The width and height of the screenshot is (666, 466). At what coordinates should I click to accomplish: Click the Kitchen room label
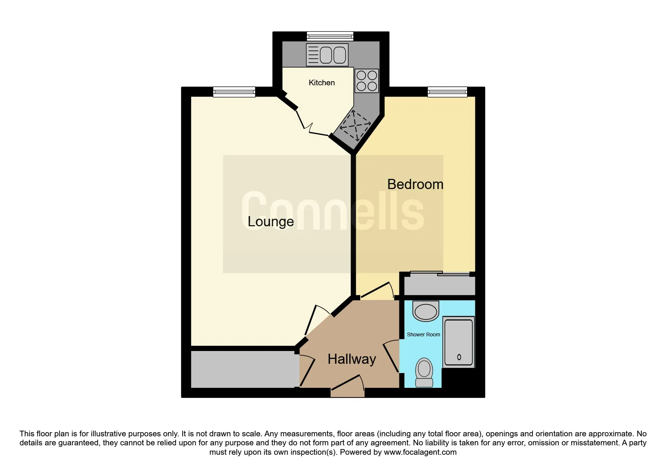pyautogui.click(x=322, y=83)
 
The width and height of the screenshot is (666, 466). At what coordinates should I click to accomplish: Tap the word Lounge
pyautogui.click(x=271, y=221)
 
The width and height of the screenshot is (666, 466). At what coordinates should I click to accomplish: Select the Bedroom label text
pyautogui.click(x=415, y=184)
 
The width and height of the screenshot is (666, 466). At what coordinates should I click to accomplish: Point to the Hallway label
pyautogui.click(x=352, y=359)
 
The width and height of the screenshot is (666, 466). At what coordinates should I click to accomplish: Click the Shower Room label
pyautogui.click(x=423, y=334)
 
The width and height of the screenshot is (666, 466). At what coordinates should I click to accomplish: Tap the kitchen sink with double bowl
pyautogui.click(x=327, y=55)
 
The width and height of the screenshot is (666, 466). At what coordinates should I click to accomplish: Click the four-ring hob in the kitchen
pyautogui.click(x=367, y=81)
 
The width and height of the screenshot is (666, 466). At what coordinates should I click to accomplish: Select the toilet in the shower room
pyautogui.click(x=424, y=372)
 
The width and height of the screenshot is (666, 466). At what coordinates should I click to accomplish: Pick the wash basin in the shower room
pyautogui.click(x=426, y=311)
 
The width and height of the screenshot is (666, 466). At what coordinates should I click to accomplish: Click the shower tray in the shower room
pyautogui.click(x=459, y=342)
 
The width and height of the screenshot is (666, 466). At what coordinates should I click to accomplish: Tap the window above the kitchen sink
pyautogui.click(x=330, y=36)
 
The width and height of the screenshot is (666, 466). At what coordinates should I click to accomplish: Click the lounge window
pyautogui.click(x=234, y=92)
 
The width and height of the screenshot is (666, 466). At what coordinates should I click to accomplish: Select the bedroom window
pyautogui.click(x=448, y=92)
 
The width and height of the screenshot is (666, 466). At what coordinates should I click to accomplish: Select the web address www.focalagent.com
pyautogui.click(x=420, y=452)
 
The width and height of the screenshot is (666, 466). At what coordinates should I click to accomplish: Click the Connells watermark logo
pyautogui.click(x=333, y=210)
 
